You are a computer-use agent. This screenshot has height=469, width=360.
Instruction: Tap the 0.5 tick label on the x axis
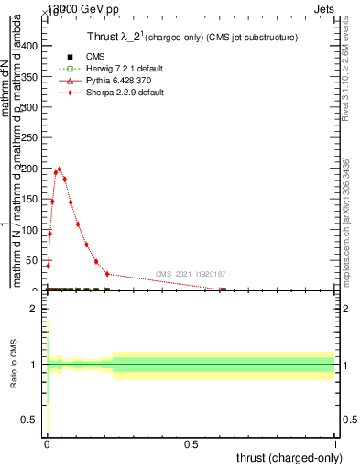[191, 444]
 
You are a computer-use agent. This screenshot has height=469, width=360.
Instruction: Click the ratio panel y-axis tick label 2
[34, 309]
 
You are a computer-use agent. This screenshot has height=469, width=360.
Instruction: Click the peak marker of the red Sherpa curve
[60, 169]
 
